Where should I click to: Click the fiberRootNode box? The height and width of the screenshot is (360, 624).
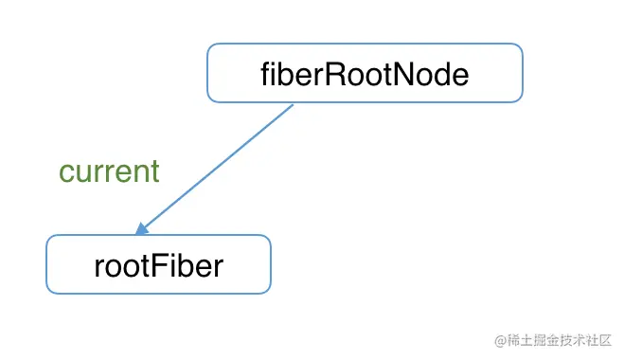365,73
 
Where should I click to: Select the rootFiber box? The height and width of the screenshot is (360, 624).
158,264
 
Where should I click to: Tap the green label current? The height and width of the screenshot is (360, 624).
109,171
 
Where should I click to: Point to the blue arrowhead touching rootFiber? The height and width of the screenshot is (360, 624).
141,229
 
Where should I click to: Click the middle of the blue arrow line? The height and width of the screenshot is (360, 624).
216,167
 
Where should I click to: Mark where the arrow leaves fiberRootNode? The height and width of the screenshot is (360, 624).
293,104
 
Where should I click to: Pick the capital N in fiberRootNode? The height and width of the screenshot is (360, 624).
409,74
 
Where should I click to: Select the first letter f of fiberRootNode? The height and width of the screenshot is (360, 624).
266,74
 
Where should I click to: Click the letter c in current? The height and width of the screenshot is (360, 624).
66,172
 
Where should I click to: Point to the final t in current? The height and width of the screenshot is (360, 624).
154,171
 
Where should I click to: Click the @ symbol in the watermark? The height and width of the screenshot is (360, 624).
489,339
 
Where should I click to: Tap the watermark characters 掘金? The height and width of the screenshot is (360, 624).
533,339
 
